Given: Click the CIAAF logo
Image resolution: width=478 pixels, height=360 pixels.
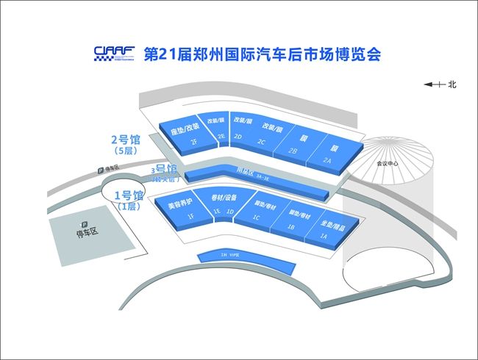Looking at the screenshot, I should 114,52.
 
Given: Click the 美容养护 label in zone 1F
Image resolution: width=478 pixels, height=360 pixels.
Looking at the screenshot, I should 180,202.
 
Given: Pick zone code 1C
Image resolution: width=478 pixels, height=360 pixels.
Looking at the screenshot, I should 257,218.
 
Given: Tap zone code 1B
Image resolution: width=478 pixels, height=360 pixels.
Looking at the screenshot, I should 291,228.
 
